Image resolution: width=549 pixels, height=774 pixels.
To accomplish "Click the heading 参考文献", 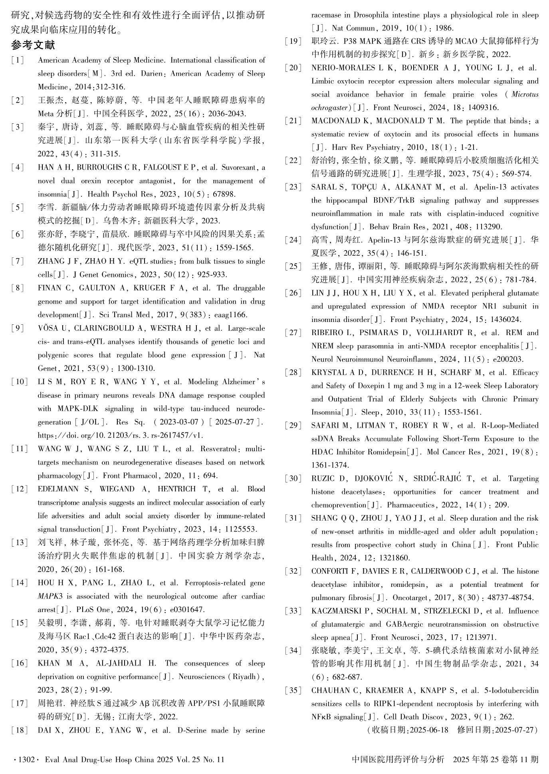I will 33,45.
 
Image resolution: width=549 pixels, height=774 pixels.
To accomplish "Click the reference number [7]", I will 18,261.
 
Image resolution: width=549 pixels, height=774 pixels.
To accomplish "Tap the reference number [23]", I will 293,187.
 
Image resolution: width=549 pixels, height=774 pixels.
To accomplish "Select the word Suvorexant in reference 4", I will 239,168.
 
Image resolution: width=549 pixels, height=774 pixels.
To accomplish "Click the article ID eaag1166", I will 231,315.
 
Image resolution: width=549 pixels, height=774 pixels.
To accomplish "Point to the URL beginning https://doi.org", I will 120,435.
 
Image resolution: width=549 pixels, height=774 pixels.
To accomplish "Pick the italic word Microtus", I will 525,95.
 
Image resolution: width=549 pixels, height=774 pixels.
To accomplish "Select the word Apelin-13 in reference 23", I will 492,187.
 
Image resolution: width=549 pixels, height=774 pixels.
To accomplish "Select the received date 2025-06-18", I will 429,730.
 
